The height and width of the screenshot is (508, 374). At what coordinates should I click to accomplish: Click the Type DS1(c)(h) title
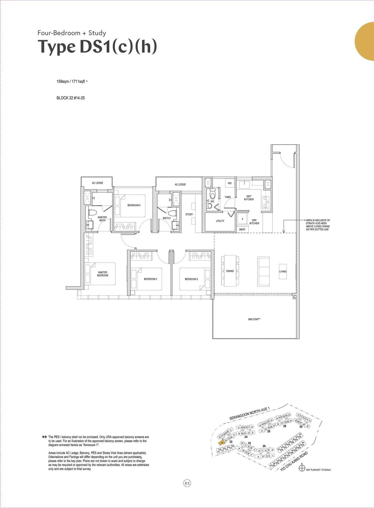pos(97,47)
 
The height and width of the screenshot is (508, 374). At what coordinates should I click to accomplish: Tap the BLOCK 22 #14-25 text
pos(70,98)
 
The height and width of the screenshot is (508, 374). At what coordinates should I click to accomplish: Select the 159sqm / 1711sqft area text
pos(71,82)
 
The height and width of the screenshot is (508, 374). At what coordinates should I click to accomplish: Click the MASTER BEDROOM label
pos(103,274)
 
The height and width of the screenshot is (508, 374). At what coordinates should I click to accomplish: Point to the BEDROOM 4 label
pos(134,205)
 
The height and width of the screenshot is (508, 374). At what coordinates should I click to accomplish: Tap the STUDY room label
pos(189,214)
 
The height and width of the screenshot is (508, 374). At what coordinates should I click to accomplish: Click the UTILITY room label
pos(220,221)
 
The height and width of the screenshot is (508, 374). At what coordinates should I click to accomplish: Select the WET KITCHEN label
pos(249,198)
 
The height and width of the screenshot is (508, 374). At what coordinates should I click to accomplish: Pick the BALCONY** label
pos(254,319)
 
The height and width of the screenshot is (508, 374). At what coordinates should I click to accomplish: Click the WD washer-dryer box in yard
pos(230,183)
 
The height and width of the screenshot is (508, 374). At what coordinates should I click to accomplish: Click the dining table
pos(230,271)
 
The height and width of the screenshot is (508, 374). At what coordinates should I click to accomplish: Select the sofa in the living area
pos(263,271)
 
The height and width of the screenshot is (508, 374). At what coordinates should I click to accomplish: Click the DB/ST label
pos(242,229)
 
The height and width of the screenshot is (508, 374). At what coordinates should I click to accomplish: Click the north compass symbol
pos(302,469)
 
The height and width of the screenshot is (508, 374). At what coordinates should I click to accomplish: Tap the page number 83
pos(187,483)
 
